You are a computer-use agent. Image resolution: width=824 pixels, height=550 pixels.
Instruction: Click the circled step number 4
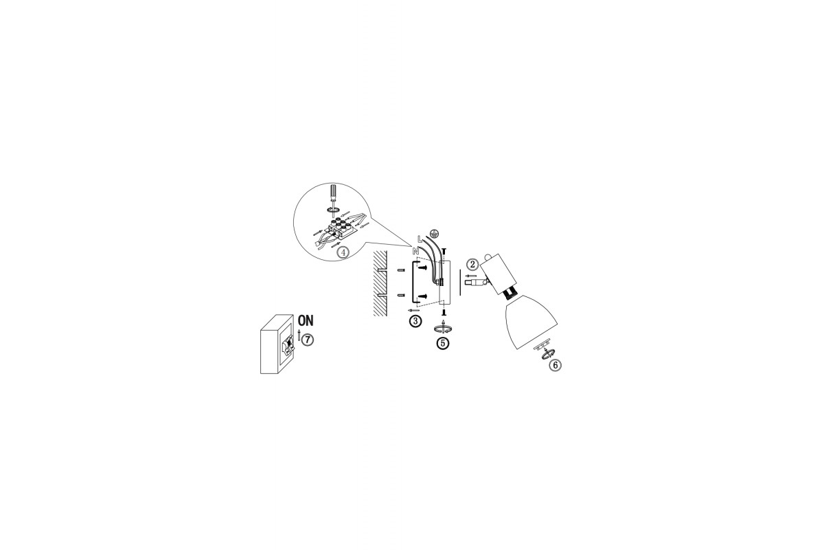[x=343, y=253]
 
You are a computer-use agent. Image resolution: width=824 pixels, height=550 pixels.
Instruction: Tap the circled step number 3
[x=415, y=321]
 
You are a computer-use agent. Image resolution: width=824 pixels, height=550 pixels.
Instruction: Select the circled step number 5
[x=443, y=343]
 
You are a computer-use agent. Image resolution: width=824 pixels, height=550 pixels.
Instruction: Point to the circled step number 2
[x=472, y=264]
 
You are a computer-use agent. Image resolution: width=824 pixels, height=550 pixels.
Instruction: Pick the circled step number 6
[x=556, y=365]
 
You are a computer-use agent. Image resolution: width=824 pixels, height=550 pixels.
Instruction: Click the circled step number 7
[x=308, y=340]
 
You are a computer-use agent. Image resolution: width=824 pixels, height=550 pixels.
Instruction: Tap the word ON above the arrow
[x=306, y=320]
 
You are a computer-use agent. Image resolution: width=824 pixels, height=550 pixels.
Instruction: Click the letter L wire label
[x=420, y=239]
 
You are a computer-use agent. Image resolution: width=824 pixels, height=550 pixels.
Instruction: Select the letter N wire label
[x=415, y=251]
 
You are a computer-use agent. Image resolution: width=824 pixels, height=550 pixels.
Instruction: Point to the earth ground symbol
[x=435, y=232]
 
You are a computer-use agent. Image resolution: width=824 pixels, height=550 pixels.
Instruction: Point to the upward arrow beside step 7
[x=299, y=335]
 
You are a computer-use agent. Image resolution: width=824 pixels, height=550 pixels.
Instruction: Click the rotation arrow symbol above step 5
[x=444, y=328]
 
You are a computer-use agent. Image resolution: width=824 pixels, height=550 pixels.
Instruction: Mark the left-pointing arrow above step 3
[x=413, y=311]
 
